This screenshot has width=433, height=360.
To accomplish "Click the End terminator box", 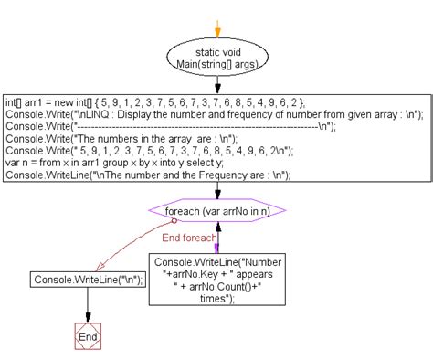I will (x=88, y=335).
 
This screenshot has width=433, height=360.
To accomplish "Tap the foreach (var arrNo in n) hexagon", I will (x=216, y=212).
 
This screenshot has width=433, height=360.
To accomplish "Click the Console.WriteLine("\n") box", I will (x=89, y=280).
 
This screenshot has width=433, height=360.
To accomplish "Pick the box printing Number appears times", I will (x=216, y=279).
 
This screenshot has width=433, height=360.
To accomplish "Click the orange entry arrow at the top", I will (x=217, y=21).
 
